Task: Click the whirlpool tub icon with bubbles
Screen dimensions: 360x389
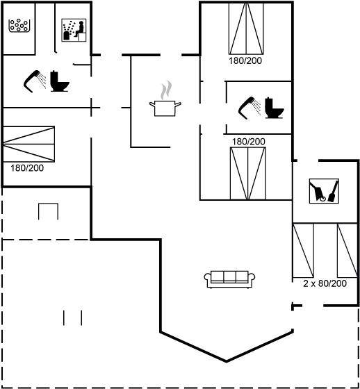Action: [19, 26]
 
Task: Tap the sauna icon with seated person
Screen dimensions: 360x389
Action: [74, 30]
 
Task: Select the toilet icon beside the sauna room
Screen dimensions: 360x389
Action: [60, 81]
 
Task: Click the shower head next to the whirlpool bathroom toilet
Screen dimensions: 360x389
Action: [35, 81]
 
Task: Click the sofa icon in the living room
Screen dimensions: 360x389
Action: [229, 279]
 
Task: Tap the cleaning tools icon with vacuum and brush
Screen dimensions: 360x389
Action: [324, 191]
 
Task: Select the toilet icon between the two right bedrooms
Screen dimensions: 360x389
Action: [275, 108]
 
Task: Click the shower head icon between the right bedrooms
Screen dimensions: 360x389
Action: [249, 108]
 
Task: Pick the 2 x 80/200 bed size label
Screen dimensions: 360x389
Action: [325, 283]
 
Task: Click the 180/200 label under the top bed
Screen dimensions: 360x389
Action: [245, 61]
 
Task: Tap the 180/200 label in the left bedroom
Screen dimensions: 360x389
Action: [27, 168]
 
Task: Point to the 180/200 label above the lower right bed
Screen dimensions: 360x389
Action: [249, 142]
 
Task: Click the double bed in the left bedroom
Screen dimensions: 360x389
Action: [28, 144]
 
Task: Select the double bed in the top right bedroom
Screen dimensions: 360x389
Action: [246, 28]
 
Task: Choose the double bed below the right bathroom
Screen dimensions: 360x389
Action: [248, 174]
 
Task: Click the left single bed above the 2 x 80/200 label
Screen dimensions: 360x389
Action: [303, 250]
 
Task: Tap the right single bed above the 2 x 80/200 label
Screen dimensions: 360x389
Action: [347, 250]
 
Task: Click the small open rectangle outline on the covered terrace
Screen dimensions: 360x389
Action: [48, 212]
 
